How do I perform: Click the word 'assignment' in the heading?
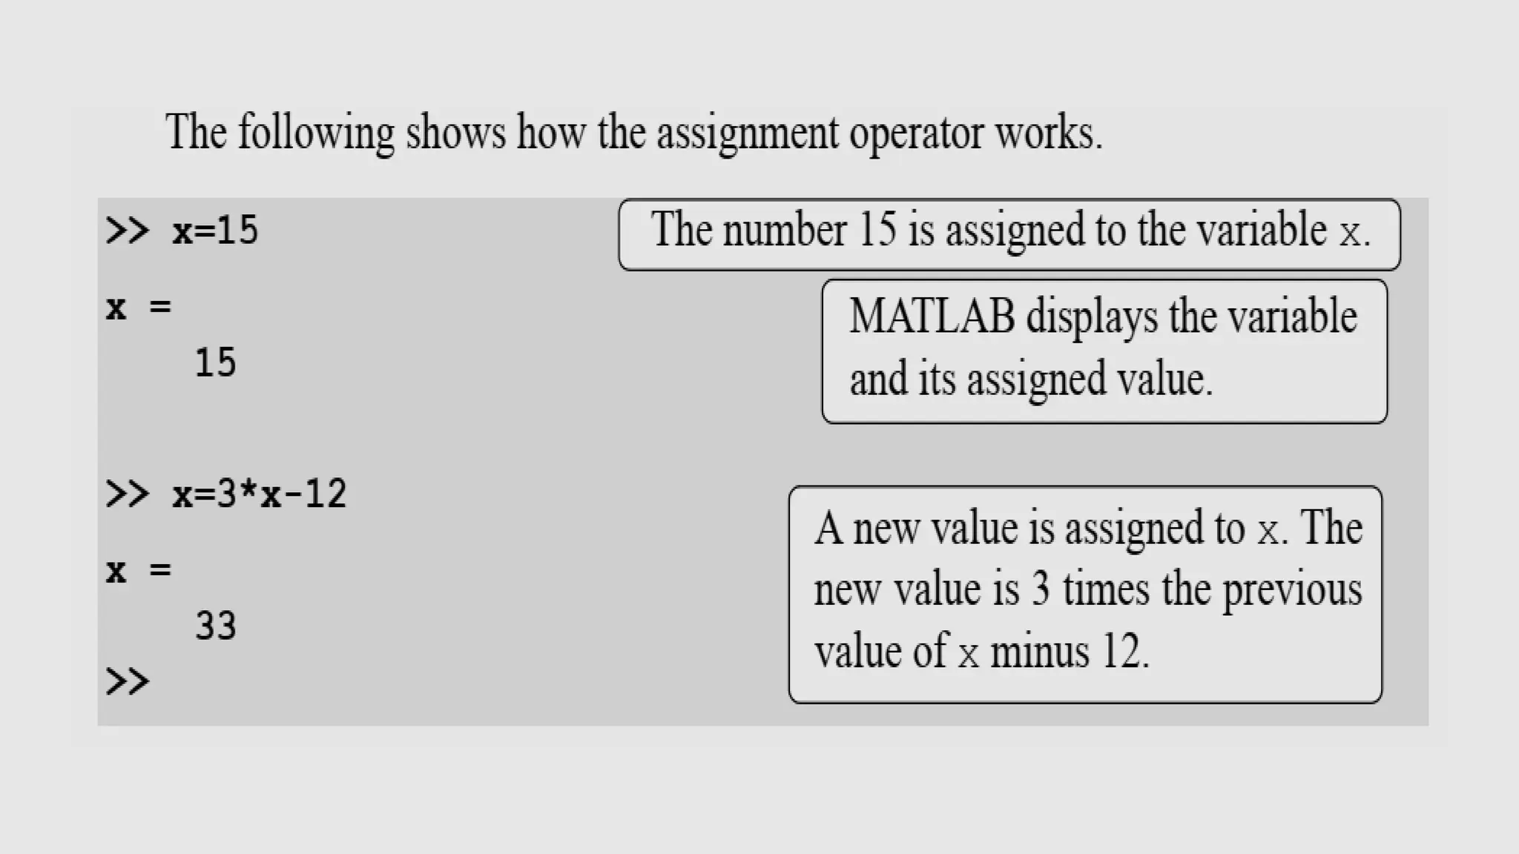[747, 133]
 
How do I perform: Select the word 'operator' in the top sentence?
[916, 133]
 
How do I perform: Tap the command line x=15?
[215, 230]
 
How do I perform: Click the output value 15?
[215, 363]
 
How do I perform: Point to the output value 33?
[215, 626]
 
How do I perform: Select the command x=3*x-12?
[259, 494]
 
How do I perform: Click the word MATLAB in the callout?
[932, 317]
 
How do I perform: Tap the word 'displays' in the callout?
[1092, 317]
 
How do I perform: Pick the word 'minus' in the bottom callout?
[1040, 652]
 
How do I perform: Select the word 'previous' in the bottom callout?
[1291, 590]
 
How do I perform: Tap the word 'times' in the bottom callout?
[1106, 590]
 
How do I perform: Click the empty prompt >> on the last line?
[127, 681]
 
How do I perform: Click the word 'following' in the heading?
[316, 133]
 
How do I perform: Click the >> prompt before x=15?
[127, 230]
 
